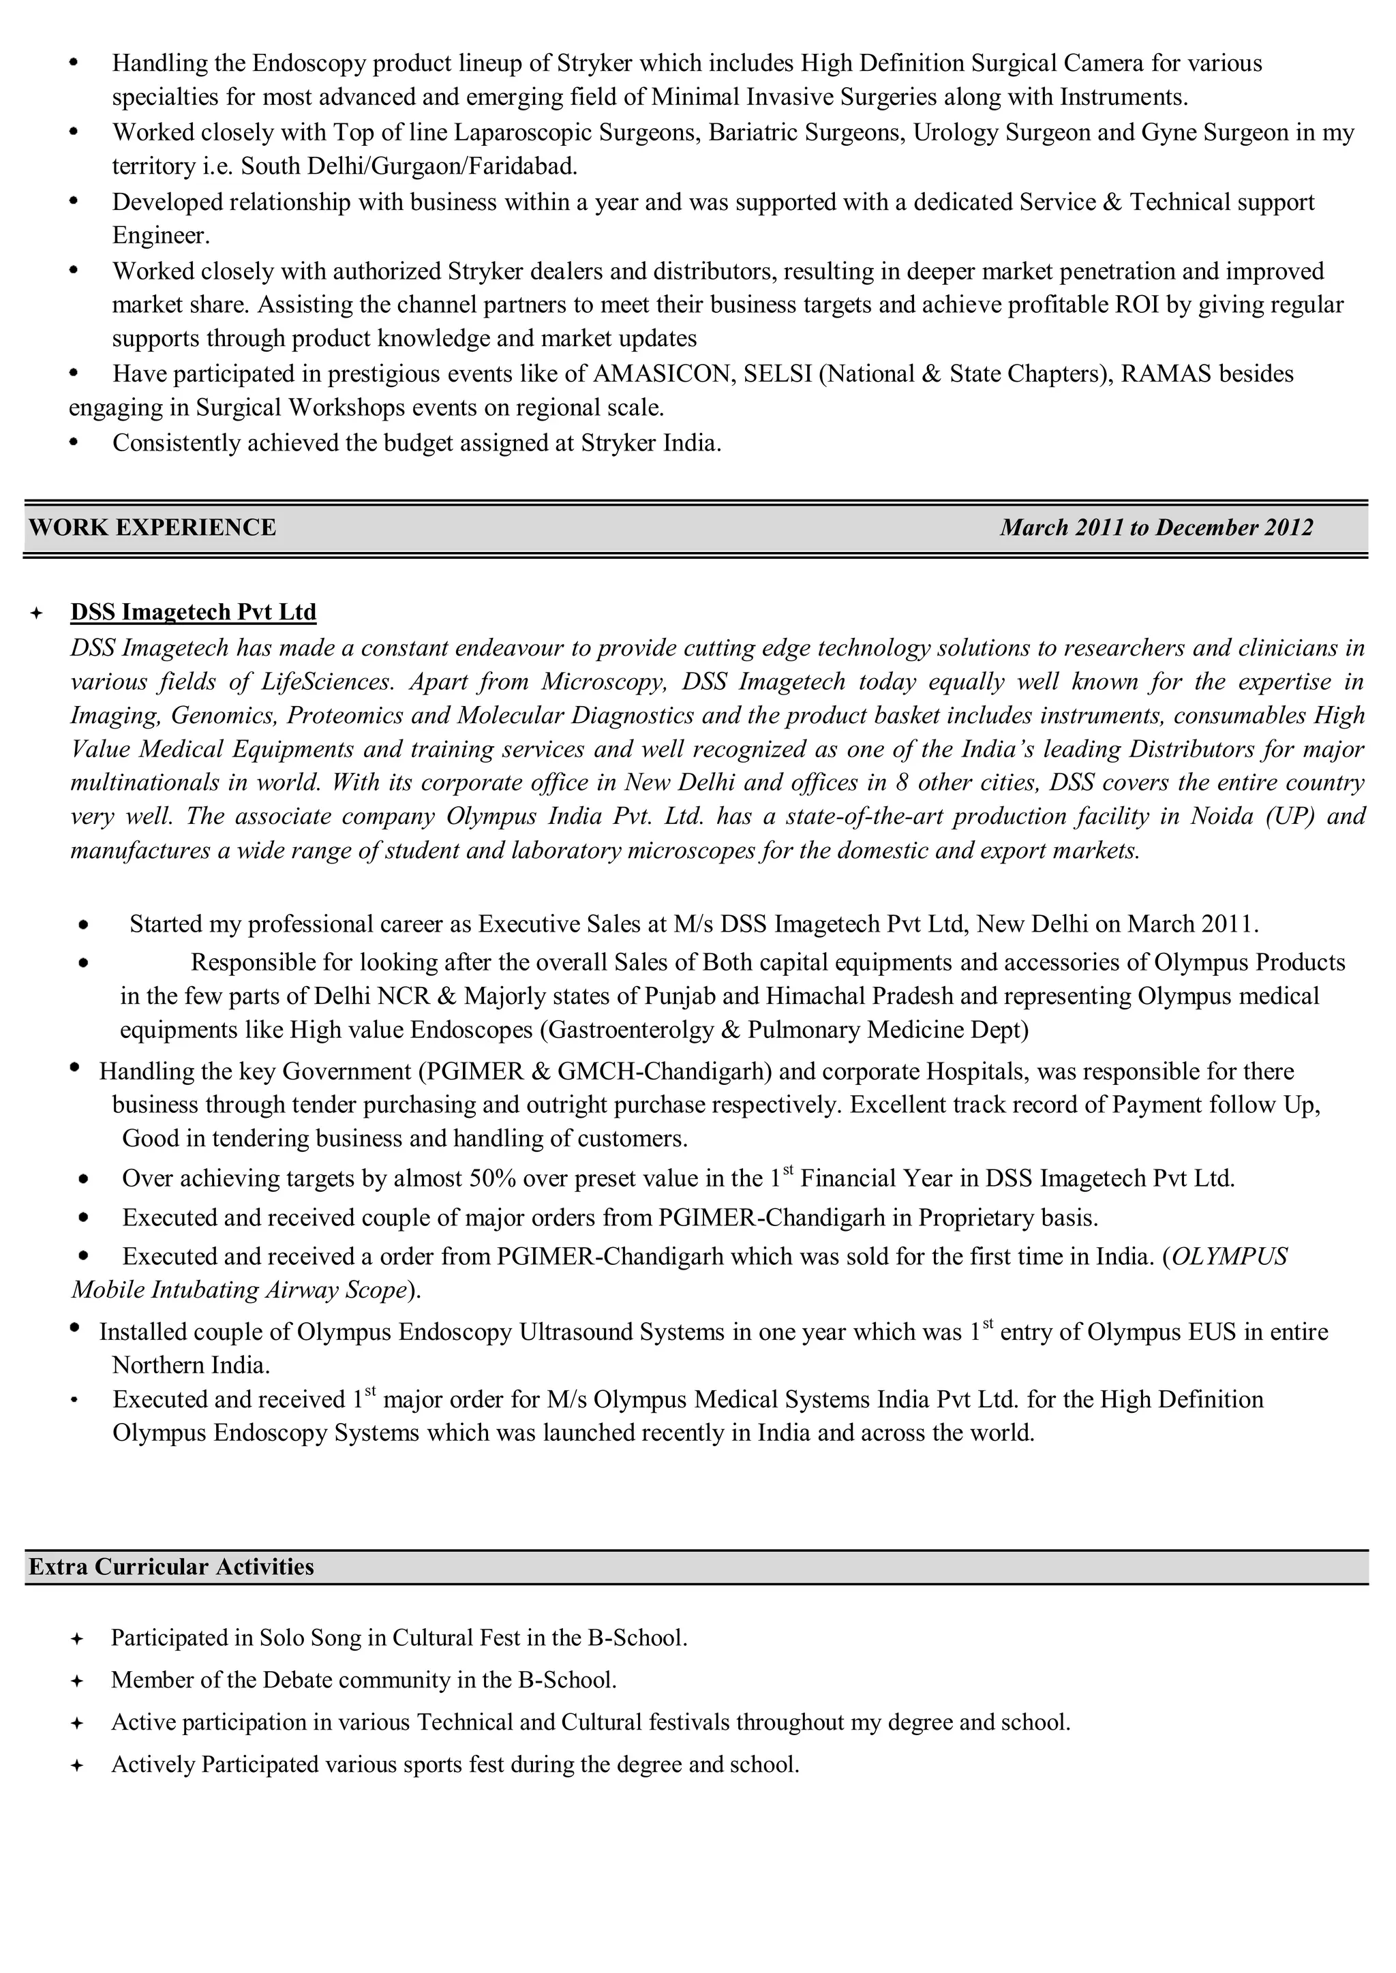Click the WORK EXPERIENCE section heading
tap(152, 527)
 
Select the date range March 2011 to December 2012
tap(1155, 527)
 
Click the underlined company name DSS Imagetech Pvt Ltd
tap(194, 612)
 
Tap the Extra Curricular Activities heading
tap(171, 1567)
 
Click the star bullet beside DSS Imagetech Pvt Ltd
tap(36, 613)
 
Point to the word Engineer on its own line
tap(161, 235)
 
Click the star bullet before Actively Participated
tap(76, 1765)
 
